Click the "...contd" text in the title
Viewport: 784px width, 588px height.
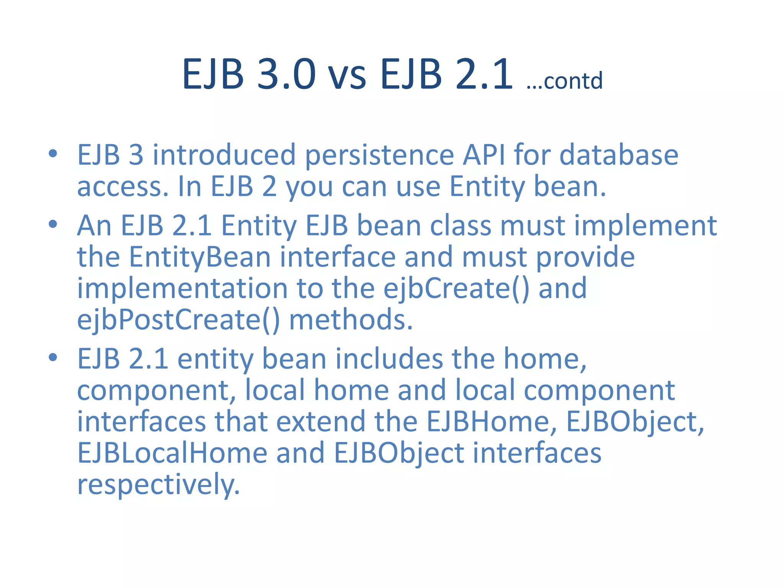(564, 81)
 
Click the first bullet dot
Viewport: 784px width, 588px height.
(53, 154)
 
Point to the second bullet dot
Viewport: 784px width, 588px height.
(53, 224)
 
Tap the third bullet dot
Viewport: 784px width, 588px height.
(53, 358)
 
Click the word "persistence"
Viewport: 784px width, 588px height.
(379, 156)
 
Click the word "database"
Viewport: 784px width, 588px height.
(619, 155)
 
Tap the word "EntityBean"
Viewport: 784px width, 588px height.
(200, 257)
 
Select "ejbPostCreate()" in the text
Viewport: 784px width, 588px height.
(178, 320)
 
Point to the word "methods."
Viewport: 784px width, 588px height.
(351, 320)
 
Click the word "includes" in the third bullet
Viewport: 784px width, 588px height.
(389, 359)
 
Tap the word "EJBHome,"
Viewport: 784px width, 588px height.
(492, 422)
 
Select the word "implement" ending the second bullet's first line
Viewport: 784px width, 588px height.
(645, 226)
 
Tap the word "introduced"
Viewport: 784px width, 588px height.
(224, 155)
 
